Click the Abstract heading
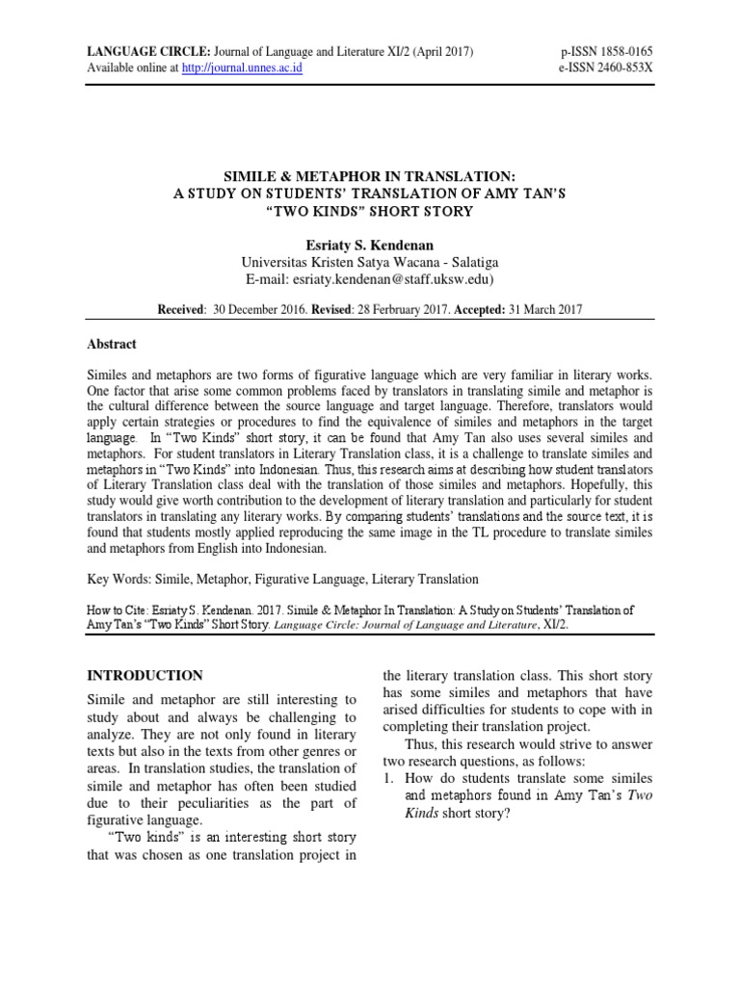(113, 344)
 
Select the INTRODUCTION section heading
(145, 676)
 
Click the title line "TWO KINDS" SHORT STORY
(370, 211)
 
